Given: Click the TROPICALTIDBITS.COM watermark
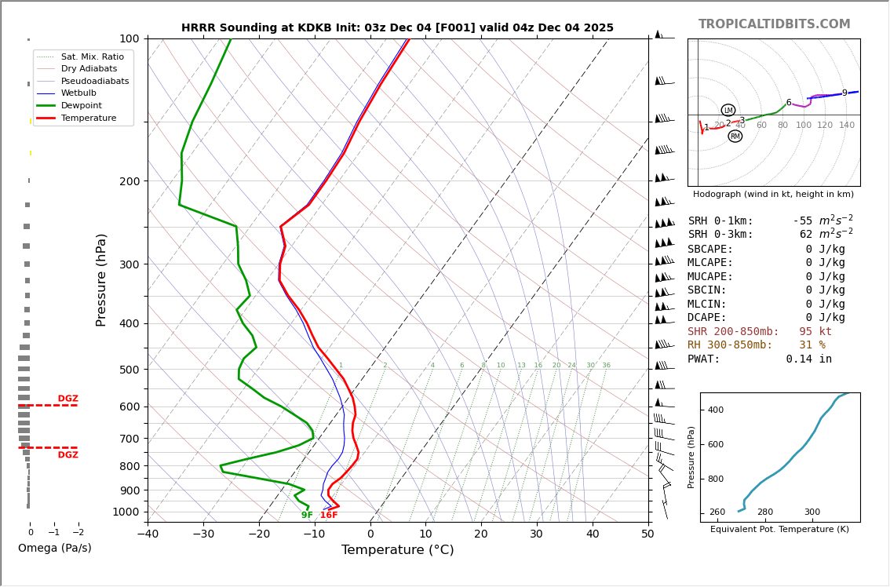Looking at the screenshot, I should tap(774, 24).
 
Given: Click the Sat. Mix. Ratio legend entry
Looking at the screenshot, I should tap(92, 57).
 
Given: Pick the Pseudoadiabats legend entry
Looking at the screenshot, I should tap(95, 82).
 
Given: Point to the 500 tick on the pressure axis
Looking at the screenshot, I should tap(129, 370).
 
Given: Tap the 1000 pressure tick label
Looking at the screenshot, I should tap(126, 512).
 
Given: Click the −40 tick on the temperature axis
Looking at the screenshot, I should tap(148, 534).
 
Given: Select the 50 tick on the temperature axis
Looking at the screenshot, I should tap(647, 534).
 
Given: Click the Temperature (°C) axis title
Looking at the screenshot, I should tap(397, 551).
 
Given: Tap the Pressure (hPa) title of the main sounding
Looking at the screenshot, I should tap(101, 279).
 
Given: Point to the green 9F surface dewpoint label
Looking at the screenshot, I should tap(307, 516).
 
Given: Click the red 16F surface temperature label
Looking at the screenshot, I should tap(329, 516).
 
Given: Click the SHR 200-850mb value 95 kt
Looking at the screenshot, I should tap(815, 332).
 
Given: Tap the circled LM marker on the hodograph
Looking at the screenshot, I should tap(728, 111).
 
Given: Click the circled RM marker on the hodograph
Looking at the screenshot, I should tap(735, 137).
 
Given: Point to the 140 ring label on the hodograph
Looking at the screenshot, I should tap(847, 126).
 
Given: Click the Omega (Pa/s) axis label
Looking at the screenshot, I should tap(55, 549).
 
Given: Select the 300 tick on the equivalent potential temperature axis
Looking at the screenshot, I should tap(812, 512).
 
